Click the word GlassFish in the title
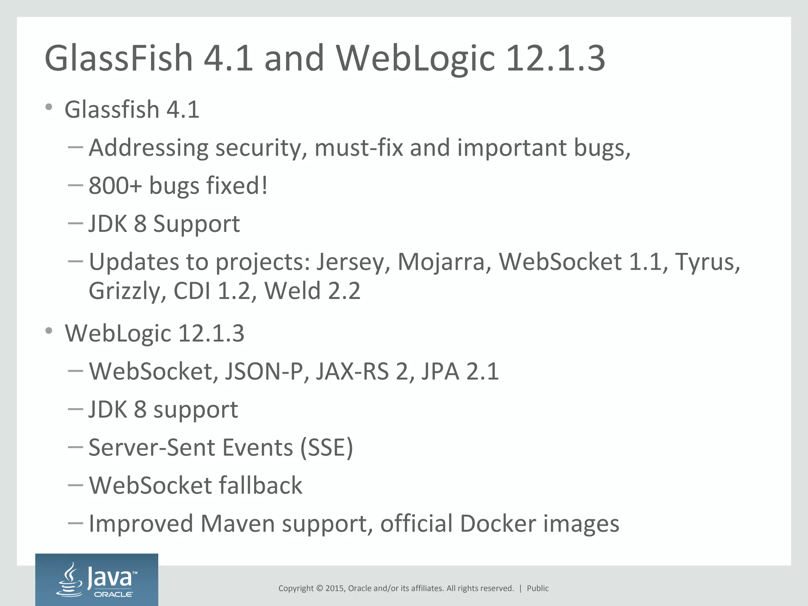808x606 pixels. point(118,58)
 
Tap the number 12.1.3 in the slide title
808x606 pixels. point(555,58)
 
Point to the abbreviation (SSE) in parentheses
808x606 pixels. point(326,448)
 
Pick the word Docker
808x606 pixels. point(498,524)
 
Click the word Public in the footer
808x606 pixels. point(538,588)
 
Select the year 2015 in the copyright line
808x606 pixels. point(335,588)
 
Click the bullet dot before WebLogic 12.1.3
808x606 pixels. point(49,331)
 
